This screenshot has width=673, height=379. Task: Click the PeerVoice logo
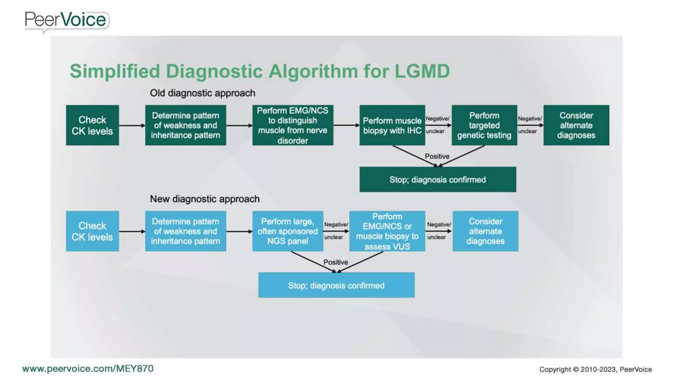click(66, 20)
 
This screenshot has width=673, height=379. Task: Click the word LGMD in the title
click(422, 71)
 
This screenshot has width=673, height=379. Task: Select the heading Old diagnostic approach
click(202, 93)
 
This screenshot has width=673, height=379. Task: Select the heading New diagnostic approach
click(204, 199)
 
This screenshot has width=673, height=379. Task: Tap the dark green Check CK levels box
click(92, 125)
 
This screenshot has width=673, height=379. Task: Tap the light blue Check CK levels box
click(92, 231)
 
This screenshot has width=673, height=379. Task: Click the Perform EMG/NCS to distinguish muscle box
click(292, 125)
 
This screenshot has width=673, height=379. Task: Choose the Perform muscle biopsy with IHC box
click(392, 125)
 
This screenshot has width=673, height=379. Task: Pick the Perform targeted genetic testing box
click(484, 125)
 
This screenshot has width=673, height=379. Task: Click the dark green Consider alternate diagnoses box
click(576, 125)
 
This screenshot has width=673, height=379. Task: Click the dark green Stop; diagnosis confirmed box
click(437, 180)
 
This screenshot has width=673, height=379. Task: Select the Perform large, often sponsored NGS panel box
click(288, 231)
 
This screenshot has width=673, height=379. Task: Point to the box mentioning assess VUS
click(387, 231)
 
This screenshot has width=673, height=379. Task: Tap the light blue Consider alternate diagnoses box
click(485, 231)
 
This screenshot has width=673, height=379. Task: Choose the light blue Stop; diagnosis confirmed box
click(336, 285)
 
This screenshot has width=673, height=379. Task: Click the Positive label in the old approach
click(437, 156)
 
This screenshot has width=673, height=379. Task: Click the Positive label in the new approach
click(336, 262)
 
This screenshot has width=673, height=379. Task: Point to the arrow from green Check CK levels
click(132, 125)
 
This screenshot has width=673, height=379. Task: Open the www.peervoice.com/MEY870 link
click(88, 368)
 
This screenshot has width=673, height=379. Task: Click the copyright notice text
click(595, 369)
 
